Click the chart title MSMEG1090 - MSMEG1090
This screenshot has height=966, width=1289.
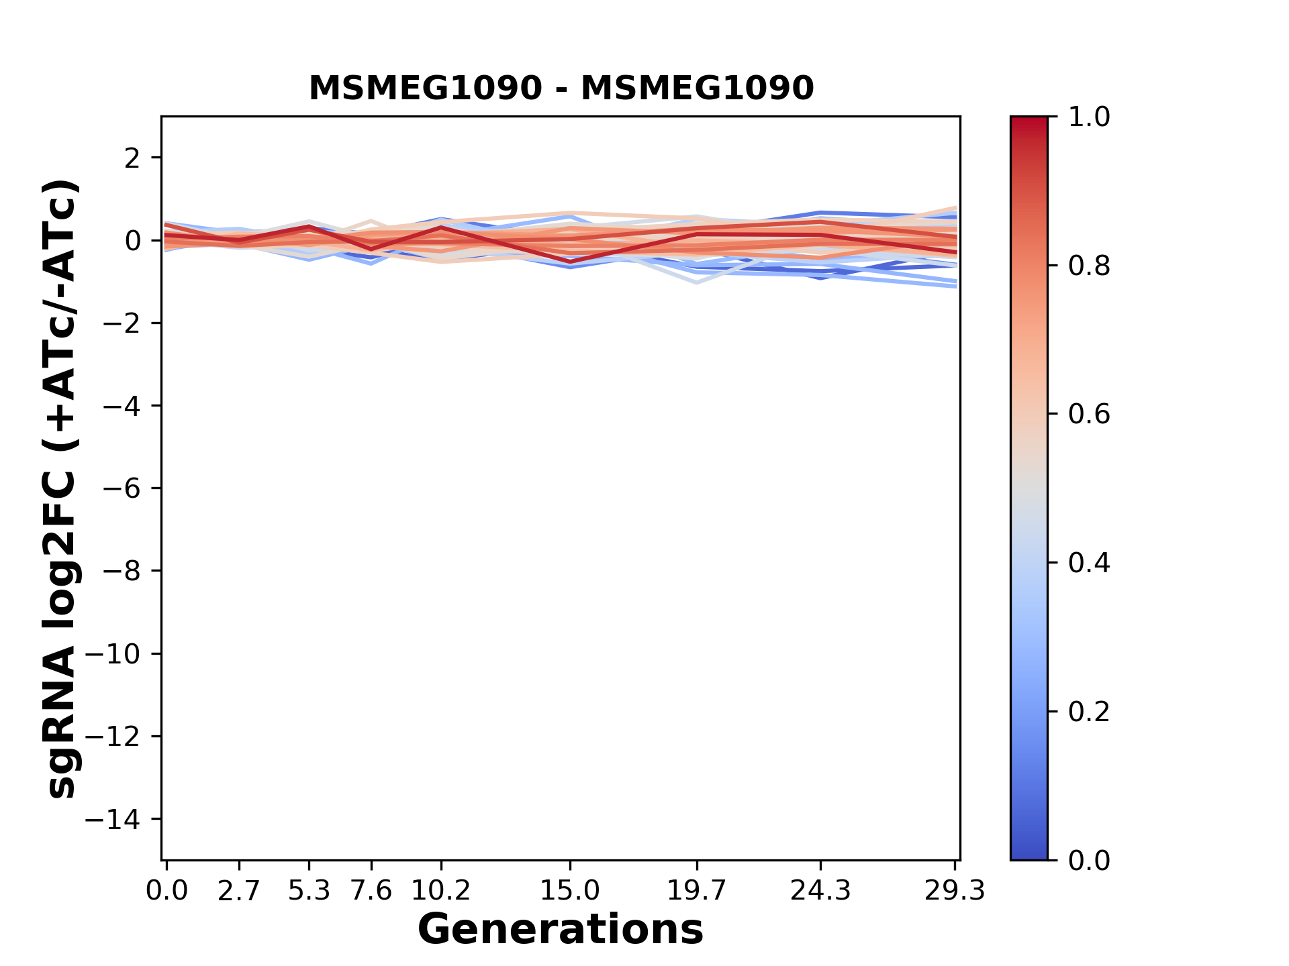click(561, 88)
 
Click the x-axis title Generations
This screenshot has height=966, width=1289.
click(561, 930)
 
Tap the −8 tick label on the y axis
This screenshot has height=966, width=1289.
click(122, 572)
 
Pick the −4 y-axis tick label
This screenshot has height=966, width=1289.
click(122, 406)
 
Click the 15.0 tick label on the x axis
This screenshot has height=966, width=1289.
click(570, 891)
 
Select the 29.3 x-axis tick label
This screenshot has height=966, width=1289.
click(955, 891)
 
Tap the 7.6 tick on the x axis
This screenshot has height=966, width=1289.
click(371, 891)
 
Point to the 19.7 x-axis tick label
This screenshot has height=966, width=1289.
click(697, 891)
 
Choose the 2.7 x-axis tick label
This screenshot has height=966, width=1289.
click(239, 891)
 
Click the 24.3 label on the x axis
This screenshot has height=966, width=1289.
click(820, 891)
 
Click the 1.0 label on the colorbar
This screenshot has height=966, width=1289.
click(1089, 117)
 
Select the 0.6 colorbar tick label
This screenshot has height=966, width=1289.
click(1089, 415)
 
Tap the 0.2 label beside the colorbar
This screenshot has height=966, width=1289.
click(1089, 712)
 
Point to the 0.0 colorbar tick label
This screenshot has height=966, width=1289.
click(1089, 861)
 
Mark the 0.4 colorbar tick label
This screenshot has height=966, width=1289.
click(1089, 563)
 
